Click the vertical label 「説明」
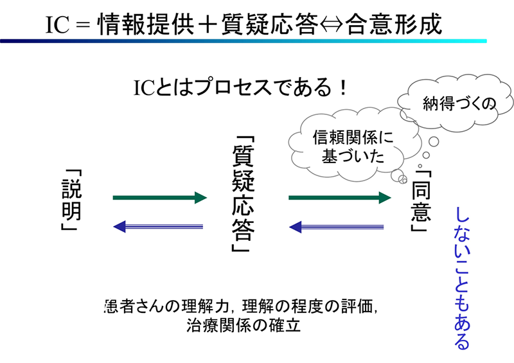click(x=71, y=200)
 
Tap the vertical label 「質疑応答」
click(x=244, y=193)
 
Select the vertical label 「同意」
click(x=421, y=200)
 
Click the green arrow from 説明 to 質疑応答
click(x=160, y=197)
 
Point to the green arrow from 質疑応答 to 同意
click(x=340, y=197)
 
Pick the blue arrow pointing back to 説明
click(x=158, y=227)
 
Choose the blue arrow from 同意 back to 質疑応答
click(x=336, y=227)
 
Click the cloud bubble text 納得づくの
click(x=459, y=103)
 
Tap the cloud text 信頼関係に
click(x=353, y=137)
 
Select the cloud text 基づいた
click(x=353, y=155)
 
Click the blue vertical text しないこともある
click(x=462, y=278)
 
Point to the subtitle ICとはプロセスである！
click(x=240, y=87)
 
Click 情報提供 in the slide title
click(x=146, y=24)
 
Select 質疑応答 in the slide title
click(x=269, y=24)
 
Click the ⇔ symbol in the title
click(x=332, y=24)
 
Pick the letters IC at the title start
click(x=57, y=25)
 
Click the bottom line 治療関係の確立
click(x=244, y=325)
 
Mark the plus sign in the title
click(x=208, y=25)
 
